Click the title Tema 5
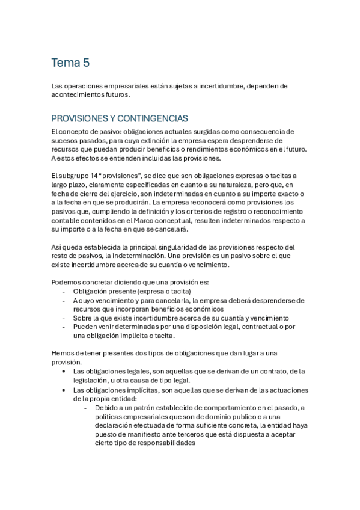tap(70, 63)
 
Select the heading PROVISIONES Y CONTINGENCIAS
tap(120, 118)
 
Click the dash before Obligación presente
tap(64, 291)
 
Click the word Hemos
tap(63, 354)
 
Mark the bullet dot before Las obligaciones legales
tap(64, 372)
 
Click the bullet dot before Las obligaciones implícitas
tap(64, 390)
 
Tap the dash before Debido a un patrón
tap(86, 408)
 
